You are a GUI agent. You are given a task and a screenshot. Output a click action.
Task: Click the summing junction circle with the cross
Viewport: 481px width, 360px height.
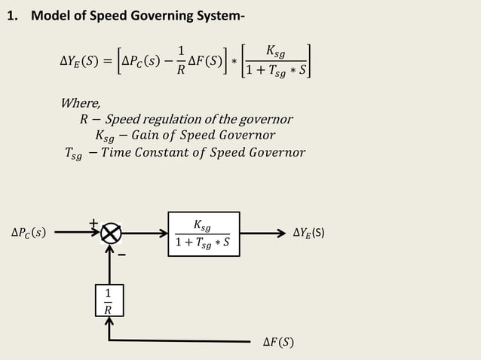(x=111, y=234)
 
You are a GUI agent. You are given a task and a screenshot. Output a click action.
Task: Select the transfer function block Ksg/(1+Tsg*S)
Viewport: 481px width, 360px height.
(x=202, y=234)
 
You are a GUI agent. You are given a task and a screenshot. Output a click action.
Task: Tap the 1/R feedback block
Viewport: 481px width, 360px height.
(x=109, y=300)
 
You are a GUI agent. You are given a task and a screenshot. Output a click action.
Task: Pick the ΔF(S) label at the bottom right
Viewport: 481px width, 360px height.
(x=278, y=343)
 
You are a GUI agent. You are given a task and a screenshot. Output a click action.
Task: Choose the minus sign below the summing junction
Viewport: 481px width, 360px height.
(x=121, y=255)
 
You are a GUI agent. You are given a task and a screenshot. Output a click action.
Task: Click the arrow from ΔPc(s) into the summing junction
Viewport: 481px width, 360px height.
(x=76, y=234)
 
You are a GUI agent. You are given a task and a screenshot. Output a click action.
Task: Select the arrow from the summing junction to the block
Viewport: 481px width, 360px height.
(x=144, y=234)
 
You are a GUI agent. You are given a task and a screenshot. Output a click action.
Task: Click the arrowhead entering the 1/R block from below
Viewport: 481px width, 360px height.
(x=109, y=321)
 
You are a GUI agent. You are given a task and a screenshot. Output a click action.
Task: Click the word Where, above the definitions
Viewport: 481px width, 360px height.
(x=81, y=103)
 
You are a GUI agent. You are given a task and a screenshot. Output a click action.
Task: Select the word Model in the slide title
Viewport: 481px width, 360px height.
(x=50, y=16)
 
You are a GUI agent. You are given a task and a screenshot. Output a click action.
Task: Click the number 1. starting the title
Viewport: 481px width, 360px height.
(x=12, y=16)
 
